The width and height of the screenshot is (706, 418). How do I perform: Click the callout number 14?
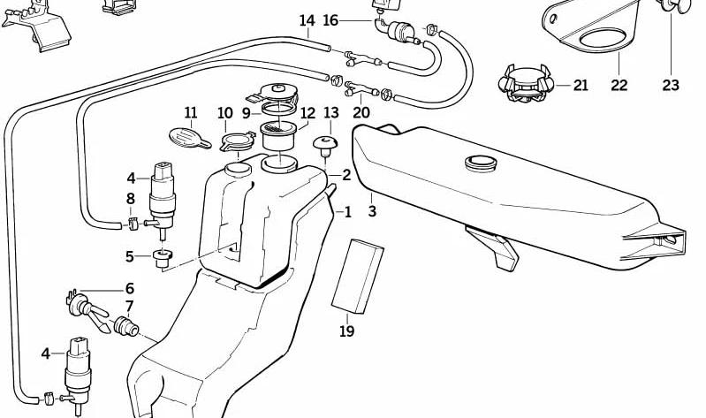click(307, 20)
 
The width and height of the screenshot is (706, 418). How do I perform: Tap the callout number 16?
click(330, 20)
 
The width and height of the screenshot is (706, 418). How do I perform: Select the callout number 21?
click(581, 85)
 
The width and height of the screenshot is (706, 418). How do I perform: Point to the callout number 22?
click(619, 85)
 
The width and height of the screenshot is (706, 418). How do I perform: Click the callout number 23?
click(671, 85)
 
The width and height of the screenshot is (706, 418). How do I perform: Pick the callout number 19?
click(346, 331)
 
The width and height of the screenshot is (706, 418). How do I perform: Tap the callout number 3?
click(372, 211)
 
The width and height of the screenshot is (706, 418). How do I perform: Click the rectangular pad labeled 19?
click(358, 276)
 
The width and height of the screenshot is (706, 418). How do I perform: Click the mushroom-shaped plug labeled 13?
click(325, 145)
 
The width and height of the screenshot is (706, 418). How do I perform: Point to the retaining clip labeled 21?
click(526, 84)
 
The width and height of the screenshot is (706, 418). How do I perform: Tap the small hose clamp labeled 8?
click(133, 224)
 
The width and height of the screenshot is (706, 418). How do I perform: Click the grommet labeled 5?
click(163, 258)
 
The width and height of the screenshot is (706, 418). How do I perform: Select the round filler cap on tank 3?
click(481, 163)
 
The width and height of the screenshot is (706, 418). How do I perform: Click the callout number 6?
click(130, 288)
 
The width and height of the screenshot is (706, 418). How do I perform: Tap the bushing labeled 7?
click(126, 327)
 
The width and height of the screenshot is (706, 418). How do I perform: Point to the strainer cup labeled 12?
click(278, 134)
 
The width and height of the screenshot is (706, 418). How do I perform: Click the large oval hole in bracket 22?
click(603, 38)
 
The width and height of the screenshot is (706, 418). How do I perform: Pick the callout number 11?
click(191, 112)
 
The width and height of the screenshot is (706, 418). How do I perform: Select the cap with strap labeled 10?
click(238, 141)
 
